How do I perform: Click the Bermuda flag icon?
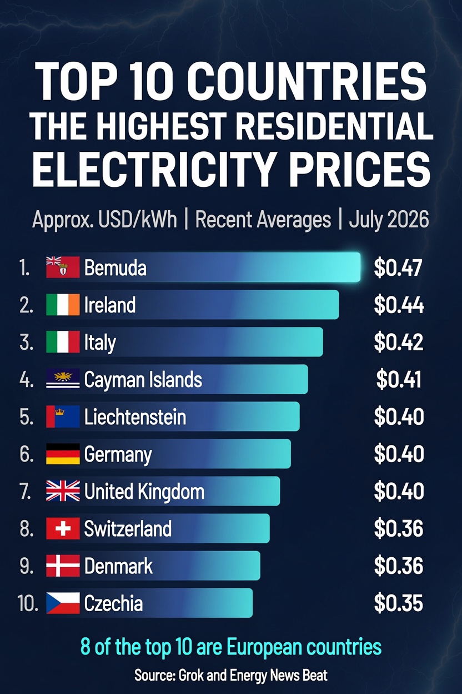(63, 267)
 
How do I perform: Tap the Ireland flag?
(63, 305)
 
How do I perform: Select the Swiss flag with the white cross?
(63, 528)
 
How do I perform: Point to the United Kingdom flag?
(63, 491)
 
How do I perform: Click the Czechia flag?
(63, 603)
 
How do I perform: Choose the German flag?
(63, 454)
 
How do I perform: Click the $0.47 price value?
(398, 267)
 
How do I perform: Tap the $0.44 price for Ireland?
(399, 305)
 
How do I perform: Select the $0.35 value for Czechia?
(398, 603)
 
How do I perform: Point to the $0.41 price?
(399, 379)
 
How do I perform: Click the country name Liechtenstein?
(135, 417)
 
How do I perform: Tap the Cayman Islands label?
(143, 380)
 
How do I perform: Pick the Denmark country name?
(118, 566)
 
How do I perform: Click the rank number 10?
(28, 603)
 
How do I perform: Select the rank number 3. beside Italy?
(27, 343)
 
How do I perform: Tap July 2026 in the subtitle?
(389, 219)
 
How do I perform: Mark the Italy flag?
(63, 342)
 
